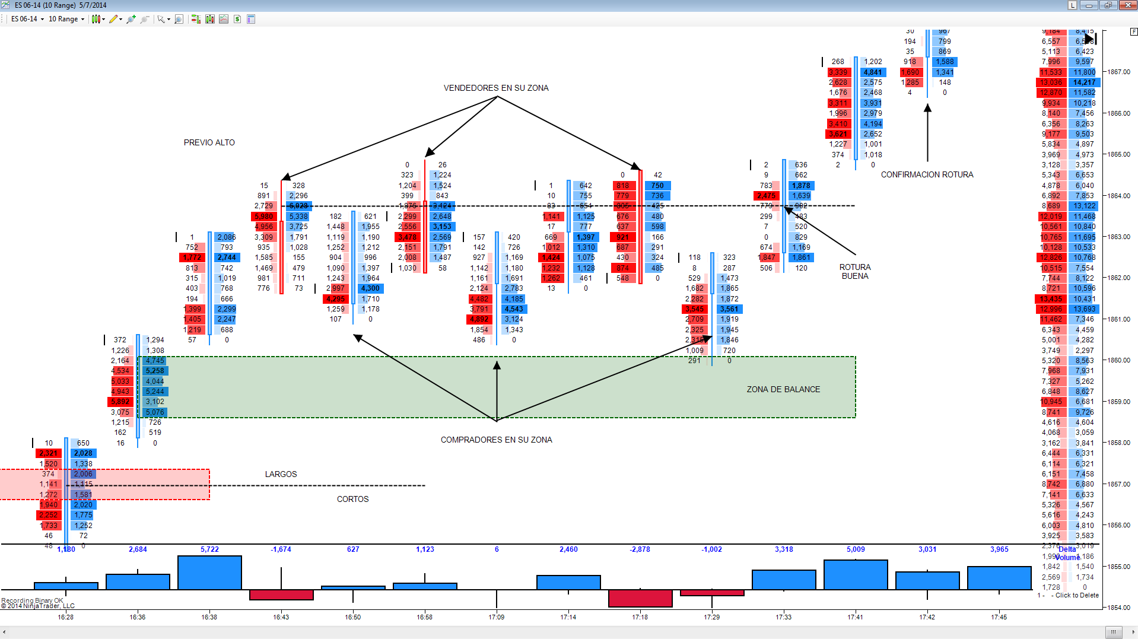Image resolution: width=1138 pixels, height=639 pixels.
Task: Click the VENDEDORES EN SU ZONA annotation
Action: tap(496, 88)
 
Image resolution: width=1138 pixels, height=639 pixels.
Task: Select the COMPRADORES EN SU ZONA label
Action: tap(496, 440)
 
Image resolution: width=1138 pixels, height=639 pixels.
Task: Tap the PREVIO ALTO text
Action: tap(209, 142)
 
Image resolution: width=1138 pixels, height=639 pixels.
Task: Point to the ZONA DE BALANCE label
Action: tap(783, 389)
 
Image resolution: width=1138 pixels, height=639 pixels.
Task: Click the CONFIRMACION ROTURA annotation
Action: tap(927, 174)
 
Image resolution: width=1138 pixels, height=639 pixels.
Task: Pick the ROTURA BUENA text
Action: tap(855, 272)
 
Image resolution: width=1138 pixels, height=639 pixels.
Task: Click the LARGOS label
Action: tap(281, 474)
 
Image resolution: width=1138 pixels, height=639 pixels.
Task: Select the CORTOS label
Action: tap(352, 499)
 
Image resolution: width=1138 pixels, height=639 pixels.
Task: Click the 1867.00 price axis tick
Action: tap(1118, 72)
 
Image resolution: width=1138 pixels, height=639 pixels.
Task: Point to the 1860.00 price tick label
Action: tap(1118, 360)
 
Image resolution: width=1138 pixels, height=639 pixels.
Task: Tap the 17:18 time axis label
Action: tap(640, 617)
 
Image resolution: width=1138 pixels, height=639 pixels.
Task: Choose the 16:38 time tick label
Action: tap(209, 617)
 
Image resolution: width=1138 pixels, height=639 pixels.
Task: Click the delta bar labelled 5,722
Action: tap(209, 572)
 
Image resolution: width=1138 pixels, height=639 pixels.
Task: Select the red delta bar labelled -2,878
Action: tap(640, 598)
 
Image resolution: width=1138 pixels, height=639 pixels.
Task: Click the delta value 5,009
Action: tap(856, 549)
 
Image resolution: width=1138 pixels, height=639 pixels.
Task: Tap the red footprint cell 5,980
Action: tap(263, 217)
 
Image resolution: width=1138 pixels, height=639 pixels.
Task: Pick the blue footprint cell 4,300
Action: tap(370, 288)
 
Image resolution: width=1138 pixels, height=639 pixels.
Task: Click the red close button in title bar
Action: tap(1127, 5)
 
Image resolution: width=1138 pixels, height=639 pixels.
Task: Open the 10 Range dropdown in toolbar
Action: tap(66, 19)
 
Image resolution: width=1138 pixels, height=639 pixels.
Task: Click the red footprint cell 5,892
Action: tap(120, 402)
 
